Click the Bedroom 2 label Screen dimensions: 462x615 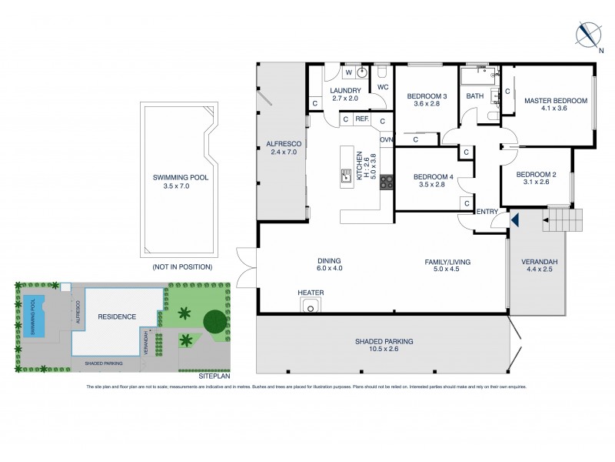click(x=535, y=178)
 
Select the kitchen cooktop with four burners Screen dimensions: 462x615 click(x=386, y=182)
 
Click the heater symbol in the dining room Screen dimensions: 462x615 click(x=311, y=307)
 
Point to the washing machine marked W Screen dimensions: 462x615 click(x=349, y=73)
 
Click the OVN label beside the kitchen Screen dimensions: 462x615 click(x=386, y=139)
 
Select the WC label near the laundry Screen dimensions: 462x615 click(x=382, y=87)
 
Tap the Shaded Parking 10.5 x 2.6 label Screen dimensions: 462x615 click(x=384, y=346)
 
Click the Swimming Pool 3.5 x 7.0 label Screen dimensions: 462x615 click(x=180, y=182)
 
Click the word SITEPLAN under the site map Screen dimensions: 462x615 click(x=213, y=377)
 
